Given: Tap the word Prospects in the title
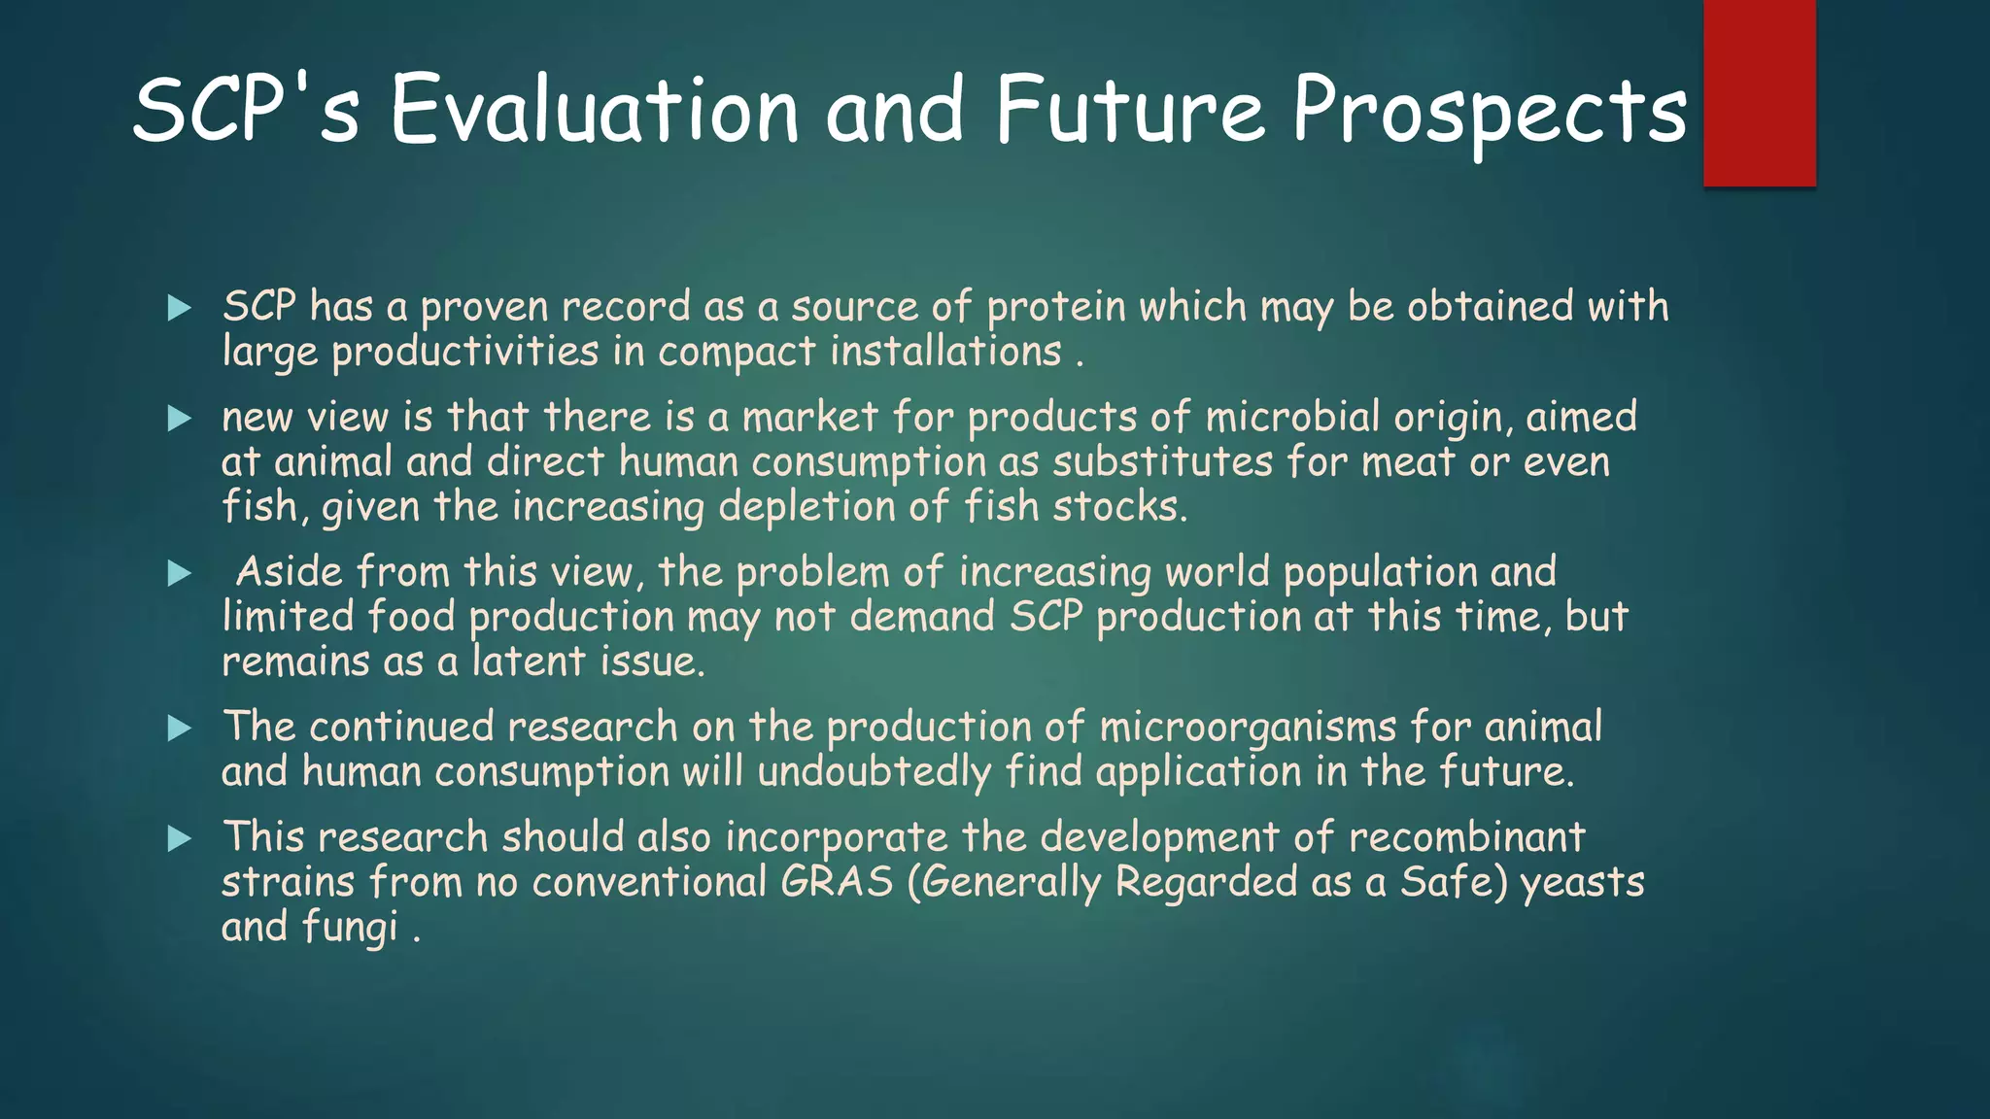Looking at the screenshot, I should click(1489, 113).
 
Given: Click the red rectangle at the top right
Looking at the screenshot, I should click(1759, 92).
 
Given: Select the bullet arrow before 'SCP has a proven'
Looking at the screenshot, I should click(180, 308).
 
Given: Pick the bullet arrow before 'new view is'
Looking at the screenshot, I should click(180, 419).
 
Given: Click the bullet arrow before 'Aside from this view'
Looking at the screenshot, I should click(180, 573).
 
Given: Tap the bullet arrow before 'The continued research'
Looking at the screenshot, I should click(180, 728).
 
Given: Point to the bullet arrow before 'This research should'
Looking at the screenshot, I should click(180, 838).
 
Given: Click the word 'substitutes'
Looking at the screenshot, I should click(1162, 461).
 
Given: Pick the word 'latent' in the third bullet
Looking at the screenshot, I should click(529, 661).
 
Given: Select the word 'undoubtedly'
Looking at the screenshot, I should click(874, 772).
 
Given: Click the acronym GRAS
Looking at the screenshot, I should click(837, 882).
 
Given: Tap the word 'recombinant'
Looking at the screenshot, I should click(1466, 837).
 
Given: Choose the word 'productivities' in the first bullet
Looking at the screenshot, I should click(464, 352).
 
